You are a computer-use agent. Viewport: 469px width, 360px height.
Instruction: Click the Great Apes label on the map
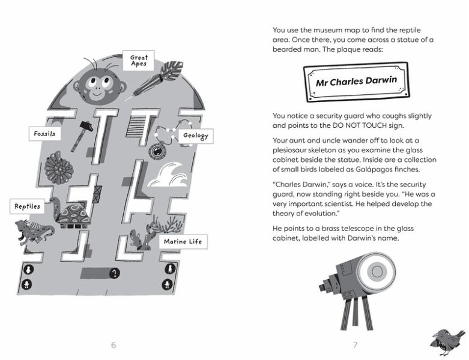(x=138, y=61)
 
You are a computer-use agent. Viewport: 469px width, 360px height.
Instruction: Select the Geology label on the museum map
(x=196, y=136)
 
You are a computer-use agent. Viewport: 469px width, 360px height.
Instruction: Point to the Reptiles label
(x=28, y=206)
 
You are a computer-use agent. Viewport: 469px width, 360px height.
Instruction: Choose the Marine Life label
(x=183, y=242)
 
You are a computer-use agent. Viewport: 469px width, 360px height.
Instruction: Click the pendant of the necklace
(x=158, y=151)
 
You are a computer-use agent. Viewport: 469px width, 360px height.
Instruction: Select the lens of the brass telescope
(x=377, y=272)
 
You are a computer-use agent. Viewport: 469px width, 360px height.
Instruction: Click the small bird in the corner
(x=447, y=341)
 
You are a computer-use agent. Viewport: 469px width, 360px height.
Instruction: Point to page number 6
(x=113, y=345)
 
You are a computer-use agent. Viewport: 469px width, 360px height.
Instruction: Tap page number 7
(x=356, y=345)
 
